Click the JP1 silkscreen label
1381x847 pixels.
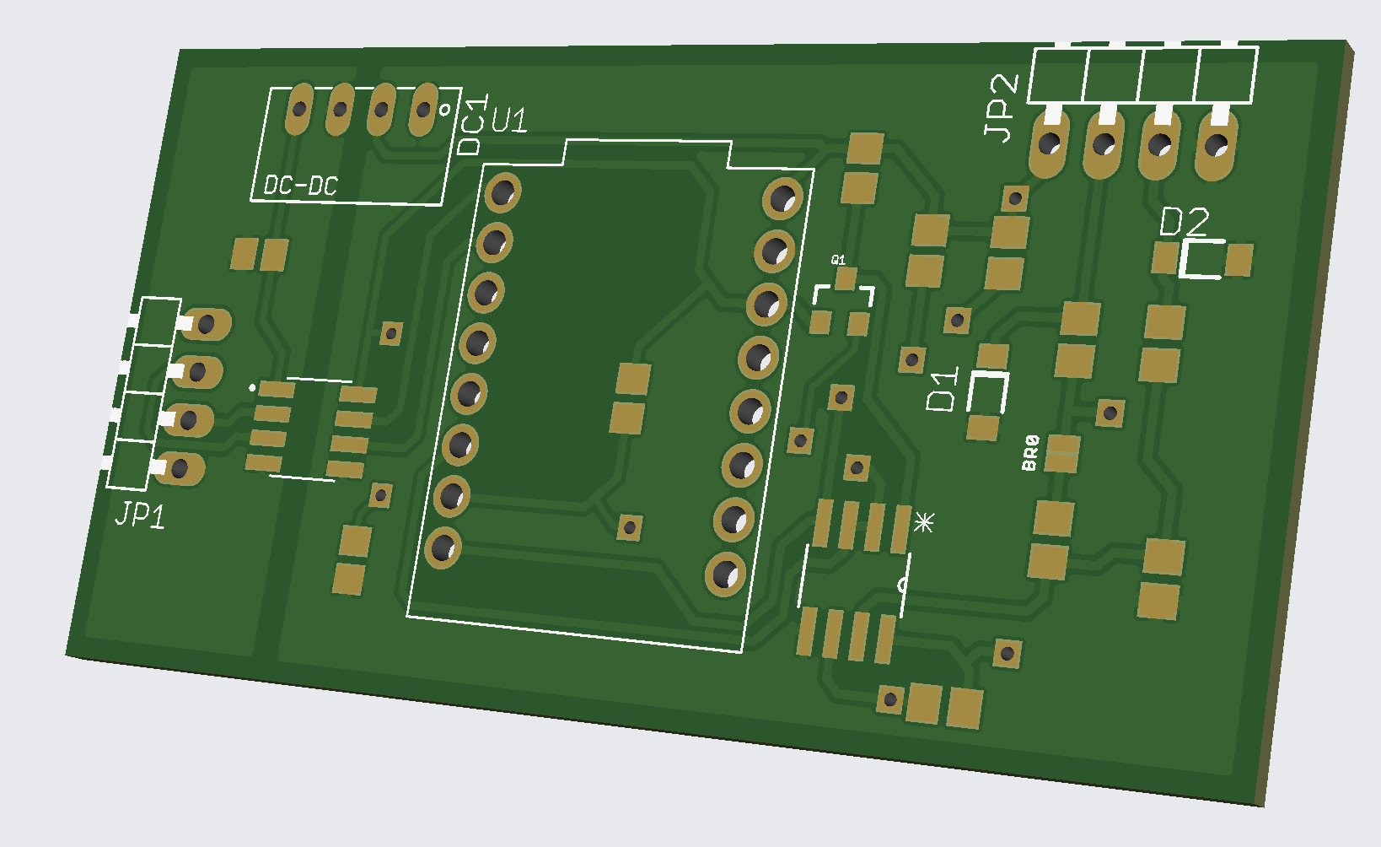pos(140,515)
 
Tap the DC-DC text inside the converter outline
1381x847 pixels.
pos(300,186)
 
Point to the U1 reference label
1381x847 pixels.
pos(509,121)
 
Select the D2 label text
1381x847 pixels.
pos(1184,222)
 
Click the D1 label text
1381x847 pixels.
pos(943,389)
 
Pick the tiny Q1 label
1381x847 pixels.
pos(838,260)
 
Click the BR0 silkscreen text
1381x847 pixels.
pos(1030,453)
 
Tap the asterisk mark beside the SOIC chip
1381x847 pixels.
pos(924,523)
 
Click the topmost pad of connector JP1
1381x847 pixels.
pos(204,324)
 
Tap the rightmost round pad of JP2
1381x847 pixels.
pos(1217,146)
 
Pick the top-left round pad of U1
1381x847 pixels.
pos(502,192)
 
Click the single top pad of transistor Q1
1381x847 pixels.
pos(845,278)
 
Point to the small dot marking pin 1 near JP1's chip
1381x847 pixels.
pos(252,388)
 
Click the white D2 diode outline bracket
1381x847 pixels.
pos(1202,259)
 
